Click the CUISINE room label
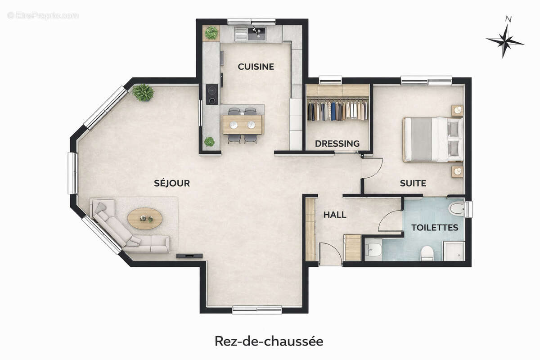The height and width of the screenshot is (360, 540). pos(256,67)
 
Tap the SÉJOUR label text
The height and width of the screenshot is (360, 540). pos(172,183)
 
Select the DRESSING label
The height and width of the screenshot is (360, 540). pos(337,144)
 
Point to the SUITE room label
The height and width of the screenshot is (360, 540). pos(413,183)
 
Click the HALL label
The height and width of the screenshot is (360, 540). pos(335,215)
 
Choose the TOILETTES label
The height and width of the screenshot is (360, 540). pos(435,227)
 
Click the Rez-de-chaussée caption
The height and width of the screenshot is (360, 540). pos(269,341)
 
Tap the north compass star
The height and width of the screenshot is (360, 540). pos(505,41)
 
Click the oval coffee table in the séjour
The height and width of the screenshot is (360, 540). pos(145,219)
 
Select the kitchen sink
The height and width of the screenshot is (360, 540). pos(256,33)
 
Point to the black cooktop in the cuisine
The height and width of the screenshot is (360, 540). pos(212,94)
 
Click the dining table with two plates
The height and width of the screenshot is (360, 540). pos(242,125)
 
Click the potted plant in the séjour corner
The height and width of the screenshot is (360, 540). pos(143,92)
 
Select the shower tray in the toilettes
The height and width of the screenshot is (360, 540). pos(454,251)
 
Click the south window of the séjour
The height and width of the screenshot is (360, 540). pos(257,310)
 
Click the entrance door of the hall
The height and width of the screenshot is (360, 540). pos(331,254)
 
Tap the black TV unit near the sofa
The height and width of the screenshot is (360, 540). pos(189,256)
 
